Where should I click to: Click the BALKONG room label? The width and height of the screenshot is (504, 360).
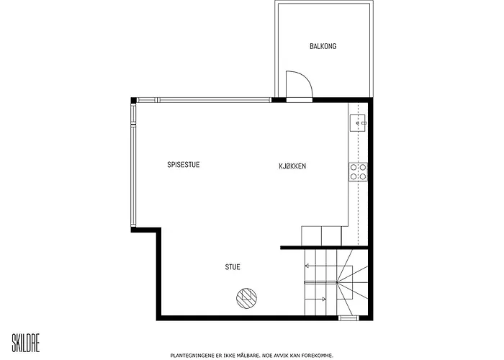click(x=323, y=46)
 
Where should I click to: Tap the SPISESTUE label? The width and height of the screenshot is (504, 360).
click(x=184, y=165)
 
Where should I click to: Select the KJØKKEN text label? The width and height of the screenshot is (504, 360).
click(x=292, y=166)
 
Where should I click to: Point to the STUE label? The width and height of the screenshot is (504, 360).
click(x=233, y=267)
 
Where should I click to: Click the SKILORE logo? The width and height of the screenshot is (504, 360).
click(x=26, y=343)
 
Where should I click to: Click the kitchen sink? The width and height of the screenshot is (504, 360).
click(x=358, y=123)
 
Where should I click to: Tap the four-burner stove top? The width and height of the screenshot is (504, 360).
click(x=358, y=172)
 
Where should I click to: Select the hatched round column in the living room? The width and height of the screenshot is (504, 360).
click(x=246, y=298)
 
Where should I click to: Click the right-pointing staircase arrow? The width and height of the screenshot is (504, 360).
click(x=315, y=300)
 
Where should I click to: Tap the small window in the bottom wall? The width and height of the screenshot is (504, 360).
click(x=348, y=318)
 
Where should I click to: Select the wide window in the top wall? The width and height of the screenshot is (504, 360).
click(x=214, y=100)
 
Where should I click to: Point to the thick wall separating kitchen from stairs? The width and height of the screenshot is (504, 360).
click(x=324, y=248)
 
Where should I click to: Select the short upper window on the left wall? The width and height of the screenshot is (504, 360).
click(x=133, y=114)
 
